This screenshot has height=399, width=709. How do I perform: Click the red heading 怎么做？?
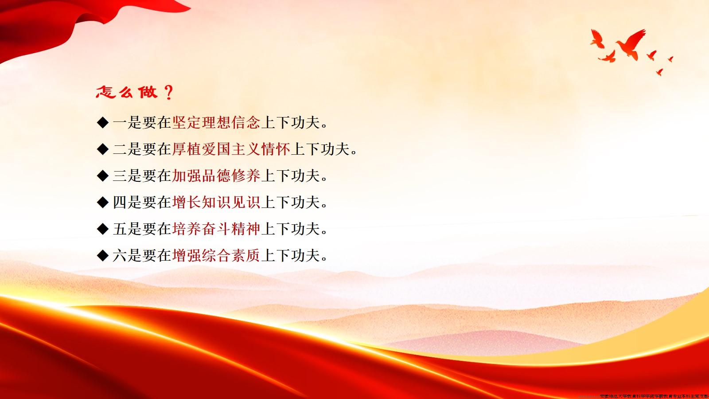tap(134, 93)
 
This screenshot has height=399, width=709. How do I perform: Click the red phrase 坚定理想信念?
tap(216, 123)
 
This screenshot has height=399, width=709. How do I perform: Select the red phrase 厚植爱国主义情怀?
tap(231, 149)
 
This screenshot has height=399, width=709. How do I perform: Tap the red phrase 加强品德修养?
tap(216, 176)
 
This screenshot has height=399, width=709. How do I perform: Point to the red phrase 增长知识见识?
tap(216, 203)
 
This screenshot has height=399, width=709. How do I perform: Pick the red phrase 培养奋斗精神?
tap(216, 229)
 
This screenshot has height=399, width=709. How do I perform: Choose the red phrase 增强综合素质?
tap(216, 256)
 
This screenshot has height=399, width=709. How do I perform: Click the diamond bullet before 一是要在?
tap(102, 123)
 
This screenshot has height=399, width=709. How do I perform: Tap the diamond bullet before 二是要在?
tap(102, 149)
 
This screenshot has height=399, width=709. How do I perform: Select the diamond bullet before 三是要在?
tap(102, 176)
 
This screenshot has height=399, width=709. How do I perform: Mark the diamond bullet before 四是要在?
tap(102, 203)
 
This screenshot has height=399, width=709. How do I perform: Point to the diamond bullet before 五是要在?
tap(102, 229)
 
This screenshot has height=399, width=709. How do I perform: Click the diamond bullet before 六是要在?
tap(102, 256)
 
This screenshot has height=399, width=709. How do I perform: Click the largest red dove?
tap(630, 43)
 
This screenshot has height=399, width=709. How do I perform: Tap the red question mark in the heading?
tap(168, 93)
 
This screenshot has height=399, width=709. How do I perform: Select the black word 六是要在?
tap(142, 256)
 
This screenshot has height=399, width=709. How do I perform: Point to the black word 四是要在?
tap(142, 203)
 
